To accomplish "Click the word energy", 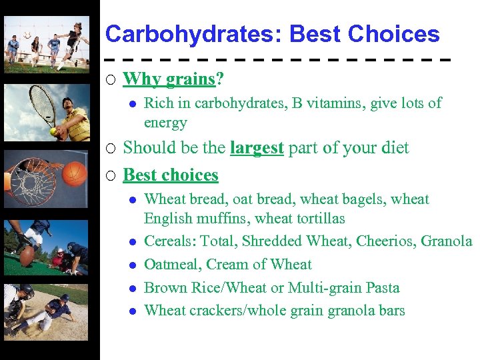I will [x=165, y=123].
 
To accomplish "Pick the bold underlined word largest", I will [x=257, y=147].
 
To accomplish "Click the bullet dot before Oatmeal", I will [x=133, y=265].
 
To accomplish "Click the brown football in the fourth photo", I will [x=27, y=256].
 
